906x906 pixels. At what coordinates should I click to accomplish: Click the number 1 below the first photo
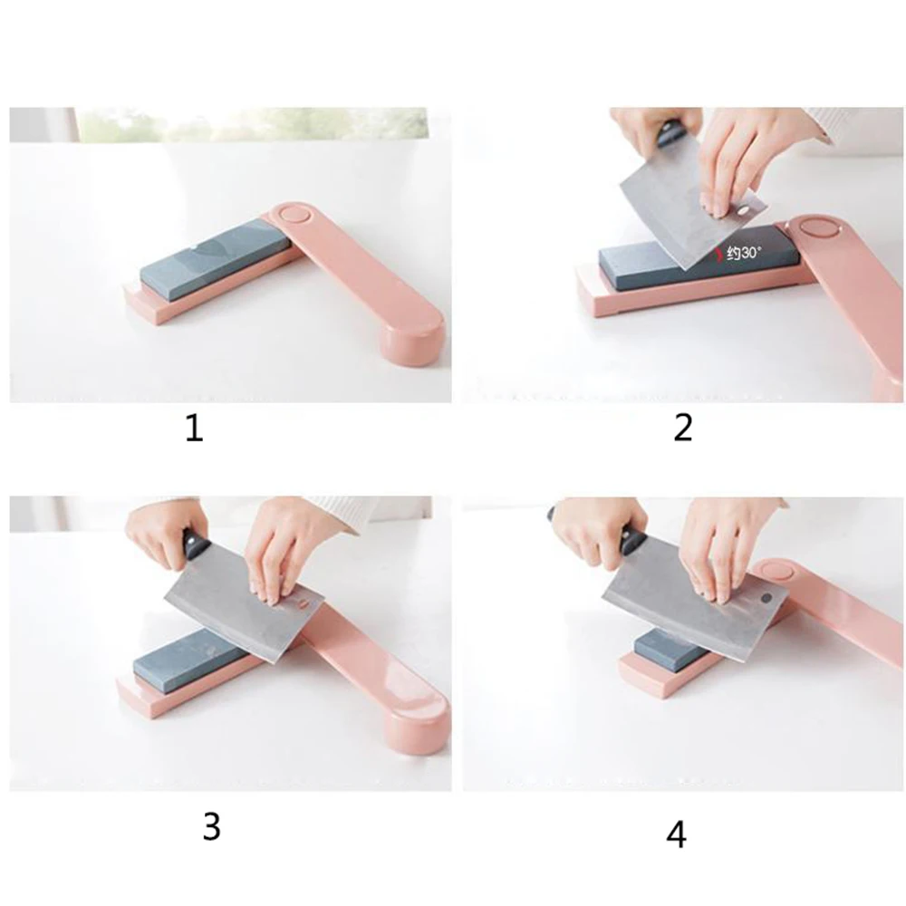194,429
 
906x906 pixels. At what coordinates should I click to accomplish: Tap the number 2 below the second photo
683,429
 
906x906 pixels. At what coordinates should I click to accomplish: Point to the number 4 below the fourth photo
677,835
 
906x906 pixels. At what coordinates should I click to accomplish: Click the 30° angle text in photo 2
745,253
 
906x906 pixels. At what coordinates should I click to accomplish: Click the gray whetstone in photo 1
216,260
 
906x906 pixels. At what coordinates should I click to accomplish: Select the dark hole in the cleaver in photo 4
768,598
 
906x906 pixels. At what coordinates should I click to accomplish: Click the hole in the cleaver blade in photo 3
304,603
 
